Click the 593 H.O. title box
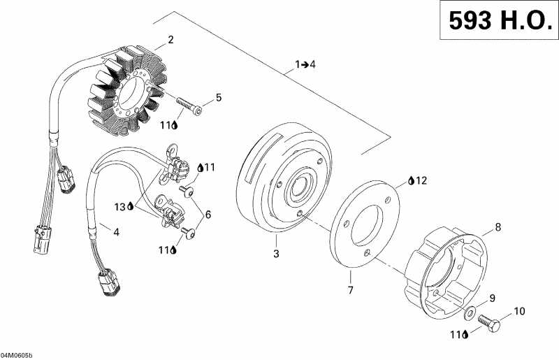tap(499, 22)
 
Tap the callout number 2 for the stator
tap(171, 39)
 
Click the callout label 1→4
tap(305, 64)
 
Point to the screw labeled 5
tap(189, 109)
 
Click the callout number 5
tap(219, 98)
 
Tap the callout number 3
tap(276, 254)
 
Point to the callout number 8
tap(498, 226)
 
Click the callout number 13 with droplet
tap(124, 207)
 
